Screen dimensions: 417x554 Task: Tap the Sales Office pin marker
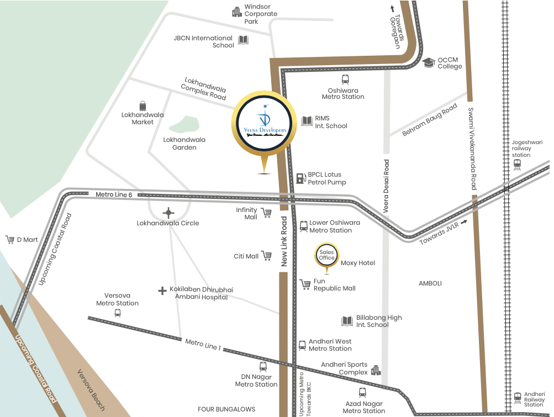point(326,255)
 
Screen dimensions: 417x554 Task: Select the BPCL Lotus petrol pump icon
point(301,178)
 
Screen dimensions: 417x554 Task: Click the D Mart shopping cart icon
point(9,240)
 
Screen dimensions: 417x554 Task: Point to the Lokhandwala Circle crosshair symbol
point(168,212)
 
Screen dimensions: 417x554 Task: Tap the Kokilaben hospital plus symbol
point(162,290)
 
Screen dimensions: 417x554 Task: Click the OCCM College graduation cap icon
point(429,62)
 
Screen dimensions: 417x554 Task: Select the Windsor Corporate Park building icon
point(237,11)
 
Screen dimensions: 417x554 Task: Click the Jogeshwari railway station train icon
point(517,165)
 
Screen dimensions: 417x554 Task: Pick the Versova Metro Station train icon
point(117,313)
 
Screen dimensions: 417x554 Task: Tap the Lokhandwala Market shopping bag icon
point(143,105)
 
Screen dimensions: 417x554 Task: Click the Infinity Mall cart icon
point(266,213)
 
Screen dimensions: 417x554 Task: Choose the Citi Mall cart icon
point(267,256)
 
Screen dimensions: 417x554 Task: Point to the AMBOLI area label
point(430,283)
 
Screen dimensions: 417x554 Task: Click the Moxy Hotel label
point(358,263)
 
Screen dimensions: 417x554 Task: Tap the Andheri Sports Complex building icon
point(376,370)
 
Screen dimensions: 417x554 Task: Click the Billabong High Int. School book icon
point(347,321)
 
